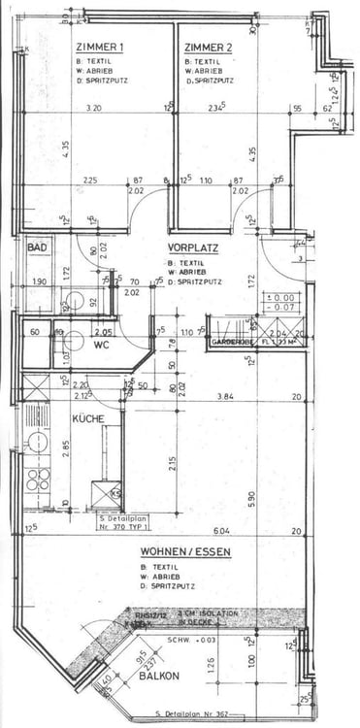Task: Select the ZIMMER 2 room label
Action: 208,48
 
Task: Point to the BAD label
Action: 37,248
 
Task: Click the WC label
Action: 103,344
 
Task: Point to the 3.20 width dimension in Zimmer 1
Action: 94,108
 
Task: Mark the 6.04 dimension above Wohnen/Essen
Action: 221,530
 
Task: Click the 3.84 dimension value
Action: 226,396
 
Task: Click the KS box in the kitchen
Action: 116,494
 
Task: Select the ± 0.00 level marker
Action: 284,297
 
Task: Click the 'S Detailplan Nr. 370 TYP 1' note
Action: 122,524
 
